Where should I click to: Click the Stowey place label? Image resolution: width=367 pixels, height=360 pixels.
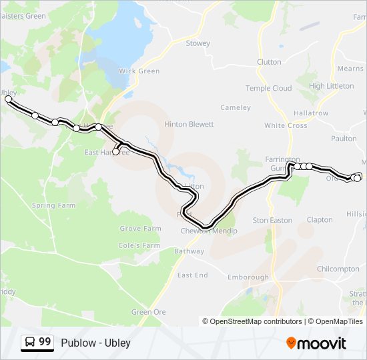[198, 43]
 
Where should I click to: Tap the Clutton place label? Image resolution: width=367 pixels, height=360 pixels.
[269, 62]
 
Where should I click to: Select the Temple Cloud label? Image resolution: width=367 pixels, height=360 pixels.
[268, 88]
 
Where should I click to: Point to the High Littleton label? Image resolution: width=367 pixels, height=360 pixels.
[331, 86]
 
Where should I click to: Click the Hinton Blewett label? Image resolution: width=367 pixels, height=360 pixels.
[189, 124]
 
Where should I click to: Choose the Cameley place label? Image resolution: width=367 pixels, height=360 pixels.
[236, 107]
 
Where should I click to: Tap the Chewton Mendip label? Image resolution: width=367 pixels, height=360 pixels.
[209, 231]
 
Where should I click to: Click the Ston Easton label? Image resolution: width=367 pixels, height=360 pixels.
[272, 220]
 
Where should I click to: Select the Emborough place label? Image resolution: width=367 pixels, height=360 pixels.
[248, 277]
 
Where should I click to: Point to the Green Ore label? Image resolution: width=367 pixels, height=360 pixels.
[148, 312]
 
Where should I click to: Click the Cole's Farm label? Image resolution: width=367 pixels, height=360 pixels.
[139, 245]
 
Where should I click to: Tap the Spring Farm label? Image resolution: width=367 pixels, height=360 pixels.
[53, 206]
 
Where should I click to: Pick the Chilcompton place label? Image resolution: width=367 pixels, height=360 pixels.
[338, 269]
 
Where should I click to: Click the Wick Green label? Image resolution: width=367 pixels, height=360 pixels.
[139, 71]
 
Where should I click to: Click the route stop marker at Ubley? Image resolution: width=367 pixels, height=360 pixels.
[9, 99]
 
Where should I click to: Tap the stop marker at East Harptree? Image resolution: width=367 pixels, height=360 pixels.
[116, 152]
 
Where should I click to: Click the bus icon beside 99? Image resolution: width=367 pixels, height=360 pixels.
[30, 342]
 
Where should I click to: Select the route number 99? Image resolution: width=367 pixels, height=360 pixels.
[45, 342]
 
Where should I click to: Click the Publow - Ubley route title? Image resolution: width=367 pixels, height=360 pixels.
[95, 343]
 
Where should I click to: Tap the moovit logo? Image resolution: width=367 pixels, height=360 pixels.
[316, 343]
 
